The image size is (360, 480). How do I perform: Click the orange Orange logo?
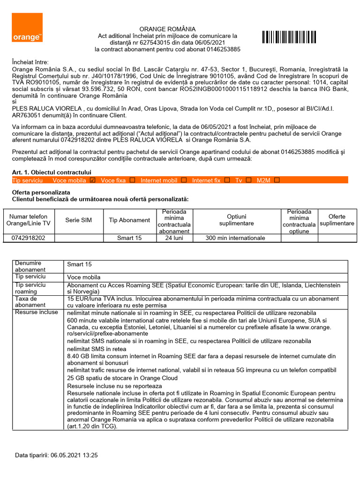click(x=27, y=27)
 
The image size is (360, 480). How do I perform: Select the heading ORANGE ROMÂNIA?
click(x=167, y=29)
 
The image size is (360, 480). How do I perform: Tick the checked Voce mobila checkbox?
click(x=92, y=180)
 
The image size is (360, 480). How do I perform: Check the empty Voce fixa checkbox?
click(x=132, y=180)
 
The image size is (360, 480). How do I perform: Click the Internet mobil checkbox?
click(x=184, y=180)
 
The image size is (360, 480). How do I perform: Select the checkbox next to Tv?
click(x=248, y=180)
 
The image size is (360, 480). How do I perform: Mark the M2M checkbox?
click(x=277, y=180)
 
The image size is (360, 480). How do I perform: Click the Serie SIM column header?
click(x=79, y=220)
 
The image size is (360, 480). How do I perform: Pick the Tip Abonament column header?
click(x=129, y=220)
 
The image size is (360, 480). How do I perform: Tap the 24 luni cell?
click(x=174, y=238)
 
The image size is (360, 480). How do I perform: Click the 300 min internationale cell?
click(x=235, y=238)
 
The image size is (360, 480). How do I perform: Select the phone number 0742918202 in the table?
click(x=28, y=238)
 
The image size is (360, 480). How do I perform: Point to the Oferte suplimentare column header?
click(x=337, y=220)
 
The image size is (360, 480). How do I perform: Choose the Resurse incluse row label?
click(x=30, y=312)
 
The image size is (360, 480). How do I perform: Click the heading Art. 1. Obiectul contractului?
click(x=52, y=172)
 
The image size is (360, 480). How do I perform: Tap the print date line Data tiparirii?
click(x=56, y=455)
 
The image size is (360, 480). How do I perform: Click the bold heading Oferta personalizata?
click(x=41, y=193)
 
